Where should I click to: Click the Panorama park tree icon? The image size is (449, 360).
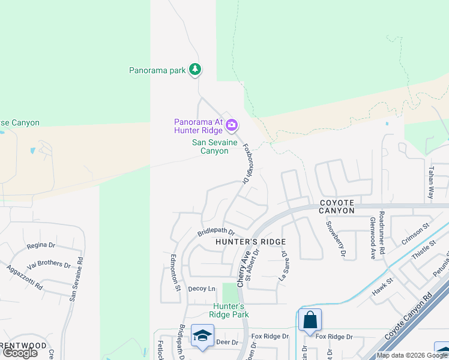click(194, 70)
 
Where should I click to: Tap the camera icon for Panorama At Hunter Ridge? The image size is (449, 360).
click(232, 125)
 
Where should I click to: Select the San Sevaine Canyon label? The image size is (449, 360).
click(210, 147)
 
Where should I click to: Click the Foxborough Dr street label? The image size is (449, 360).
click(246, 163)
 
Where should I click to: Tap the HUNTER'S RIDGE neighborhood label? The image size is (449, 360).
click(246, 242)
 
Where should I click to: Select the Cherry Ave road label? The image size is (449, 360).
click(244, 268)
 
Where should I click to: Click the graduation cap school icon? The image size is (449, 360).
click(202, 336)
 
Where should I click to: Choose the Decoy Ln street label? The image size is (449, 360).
click(201, 289)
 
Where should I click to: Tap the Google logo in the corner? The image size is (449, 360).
click(20, 353)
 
